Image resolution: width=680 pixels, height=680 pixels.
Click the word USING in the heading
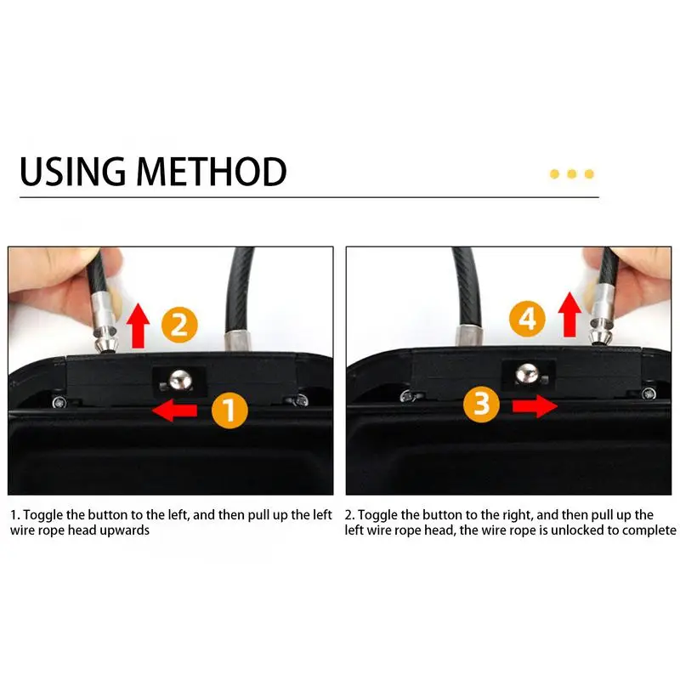[72, 171]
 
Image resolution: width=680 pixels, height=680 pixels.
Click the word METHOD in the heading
[212, 171]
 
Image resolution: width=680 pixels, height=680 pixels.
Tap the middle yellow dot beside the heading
[571, 174]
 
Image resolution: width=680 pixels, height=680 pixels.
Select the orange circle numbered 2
[179, 325]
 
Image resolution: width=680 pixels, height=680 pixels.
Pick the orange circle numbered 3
[482, 404]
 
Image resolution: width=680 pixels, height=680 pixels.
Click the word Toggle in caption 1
[42, 515]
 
